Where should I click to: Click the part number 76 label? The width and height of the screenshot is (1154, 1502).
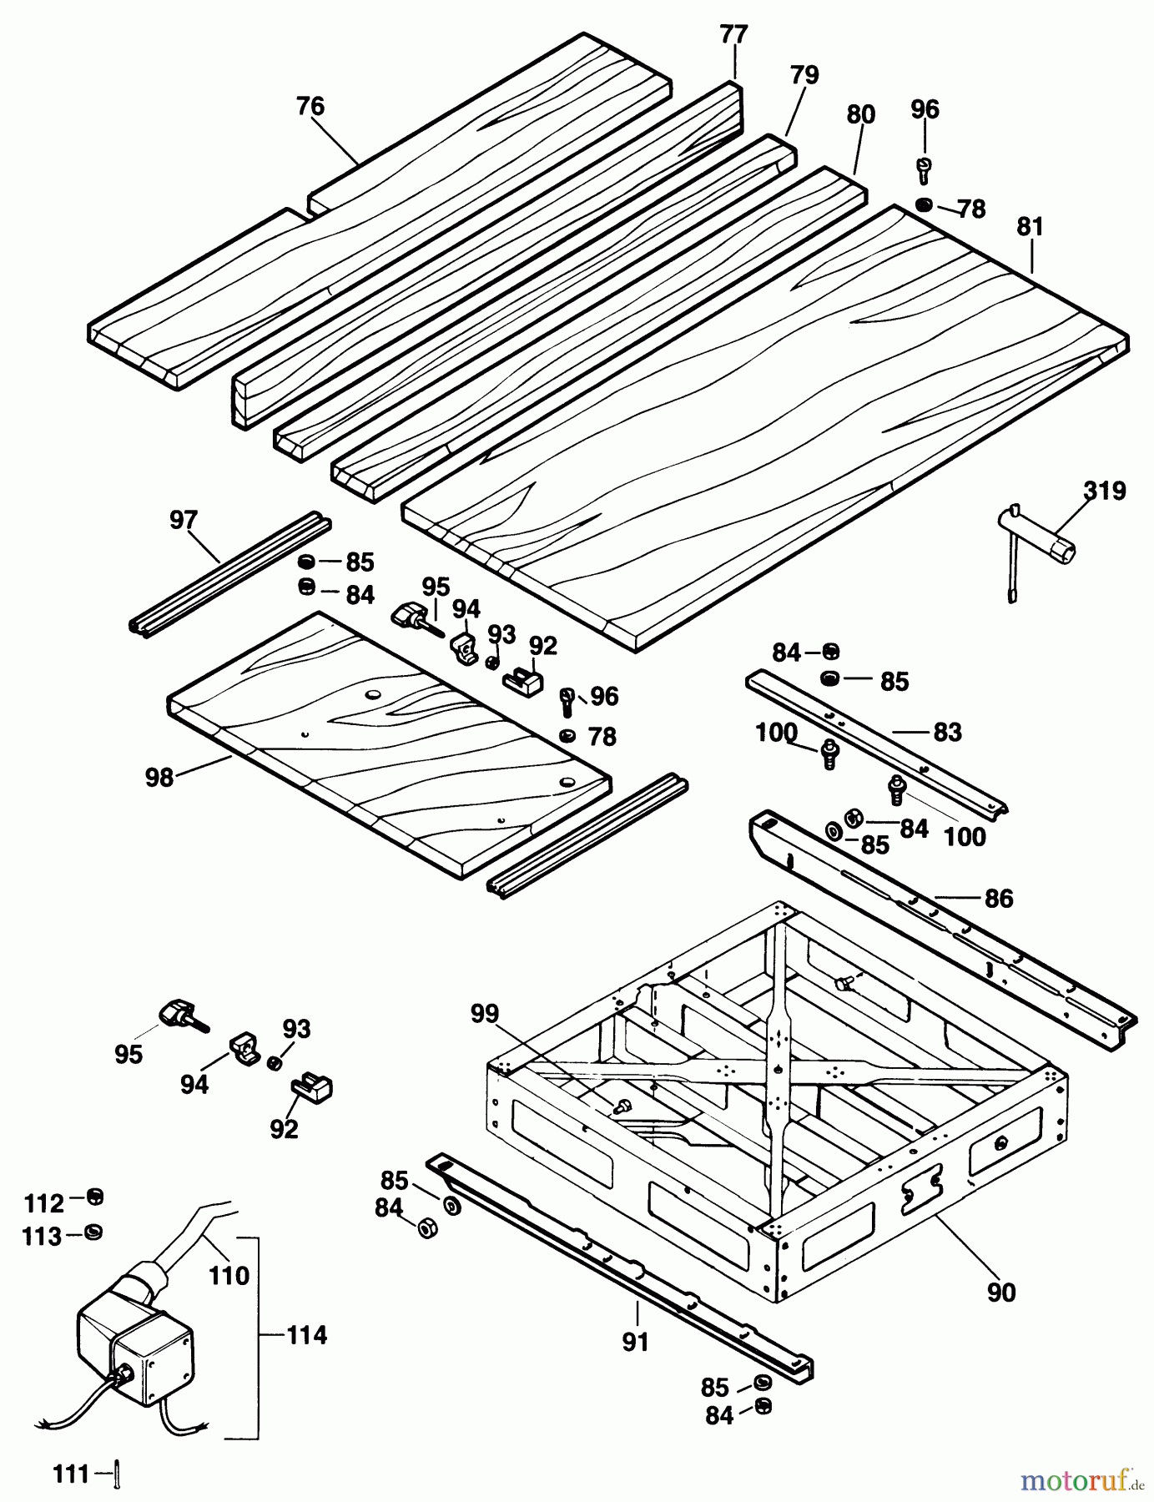point(310,107)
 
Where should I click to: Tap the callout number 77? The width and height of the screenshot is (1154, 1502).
point(734,35)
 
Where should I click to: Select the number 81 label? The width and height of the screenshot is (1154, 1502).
point(1030,227)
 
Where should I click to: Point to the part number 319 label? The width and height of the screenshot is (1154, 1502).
point(1105,491)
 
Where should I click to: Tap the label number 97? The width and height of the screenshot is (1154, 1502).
point(183,520)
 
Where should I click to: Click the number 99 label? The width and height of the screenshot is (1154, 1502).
point(484,1014)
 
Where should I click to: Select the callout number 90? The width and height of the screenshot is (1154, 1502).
point(1001,1292)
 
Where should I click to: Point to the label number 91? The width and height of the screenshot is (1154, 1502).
point(635,1342)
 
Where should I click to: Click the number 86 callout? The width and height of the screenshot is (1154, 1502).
point(998,899)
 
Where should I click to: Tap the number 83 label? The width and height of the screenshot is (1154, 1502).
point(948,732)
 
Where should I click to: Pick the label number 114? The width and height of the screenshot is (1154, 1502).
point(307,1335)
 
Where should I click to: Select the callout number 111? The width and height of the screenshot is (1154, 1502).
point(72,1475)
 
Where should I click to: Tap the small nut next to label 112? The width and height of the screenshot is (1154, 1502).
point(95,1197)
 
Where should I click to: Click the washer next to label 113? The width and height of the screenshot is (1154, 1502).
point(94,1232)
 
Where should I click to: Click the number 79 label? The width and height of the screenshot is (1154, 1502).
point(804,75)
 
